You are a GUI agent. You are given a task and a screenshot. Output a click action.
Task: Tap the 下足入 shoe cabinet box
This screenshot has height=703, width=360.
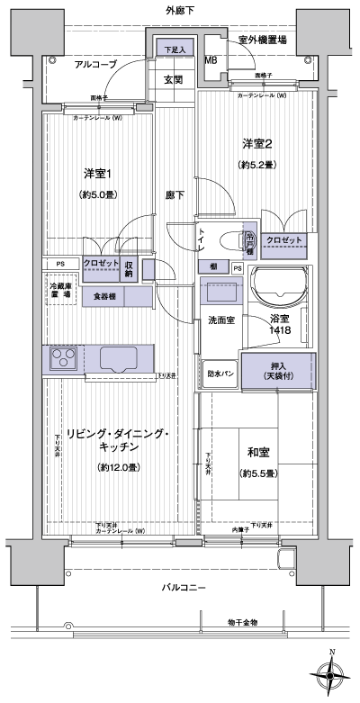point(175,50)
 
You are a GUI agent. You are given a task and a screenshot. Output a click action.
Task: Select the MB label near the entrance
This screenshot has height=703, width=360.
point(210,60)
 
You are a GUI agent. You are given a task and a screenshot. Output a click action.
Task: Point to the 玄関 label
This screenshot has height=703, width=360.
point(175,79)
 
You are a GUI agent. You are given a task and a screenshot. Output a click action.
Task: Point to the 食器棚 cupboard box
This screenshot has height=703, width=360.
point(103,295)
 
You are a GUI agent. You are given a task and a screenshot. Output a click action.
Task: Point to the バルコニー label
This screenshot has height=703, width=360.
point(184,588)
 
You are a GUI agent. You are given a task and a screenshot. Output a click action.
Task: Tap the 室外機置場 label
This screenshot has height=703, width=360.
point(263,40)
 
